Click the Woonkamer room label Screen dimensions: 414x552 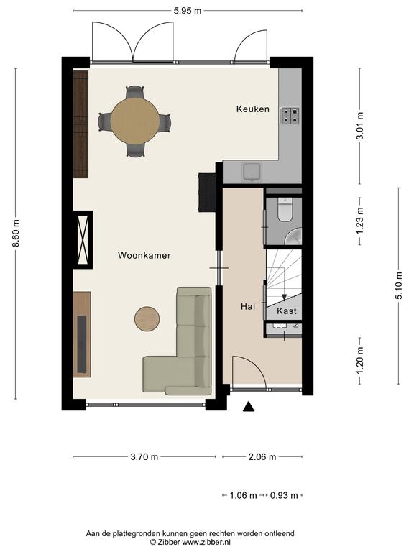click(144, 255)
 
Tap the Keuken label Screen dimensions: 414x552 click(253, 109)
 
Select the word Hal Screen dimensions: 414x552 click(248, 307)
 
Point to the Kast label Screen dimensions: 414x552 click(287, 310)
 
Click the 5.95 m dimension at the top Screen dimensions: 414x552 click(188, 11)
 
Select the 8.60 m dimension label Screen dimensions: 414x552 click(16, 233)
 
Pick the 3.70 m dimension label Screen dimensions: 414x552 click(144, 457)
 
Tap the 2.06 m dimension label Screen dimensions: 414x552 click(262, 457)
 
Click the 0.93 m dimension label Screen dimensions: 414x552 click(284, 496)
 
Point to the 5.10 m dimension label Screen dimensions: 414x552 click(398, 285)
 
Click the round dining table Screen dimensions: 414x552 click(135, 121)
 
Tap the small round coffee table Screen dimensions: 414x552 click(147, 319)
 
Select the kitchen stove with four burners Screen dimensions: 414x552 click(290, 116)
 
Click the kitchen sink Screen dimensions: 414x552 click(252, 172)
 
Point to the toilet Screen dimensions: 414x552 click(285, 209)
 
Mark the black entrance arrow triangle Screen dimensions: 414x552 click(249, 407)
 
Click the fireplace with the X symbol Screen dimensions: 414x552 click(84, 240)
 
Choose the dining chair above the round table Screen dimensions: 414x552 click(135, 92)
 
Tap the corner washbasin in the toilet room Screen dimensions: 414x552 click(293, 236)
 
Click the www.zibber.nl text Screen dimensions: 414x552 click(203, 542)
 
